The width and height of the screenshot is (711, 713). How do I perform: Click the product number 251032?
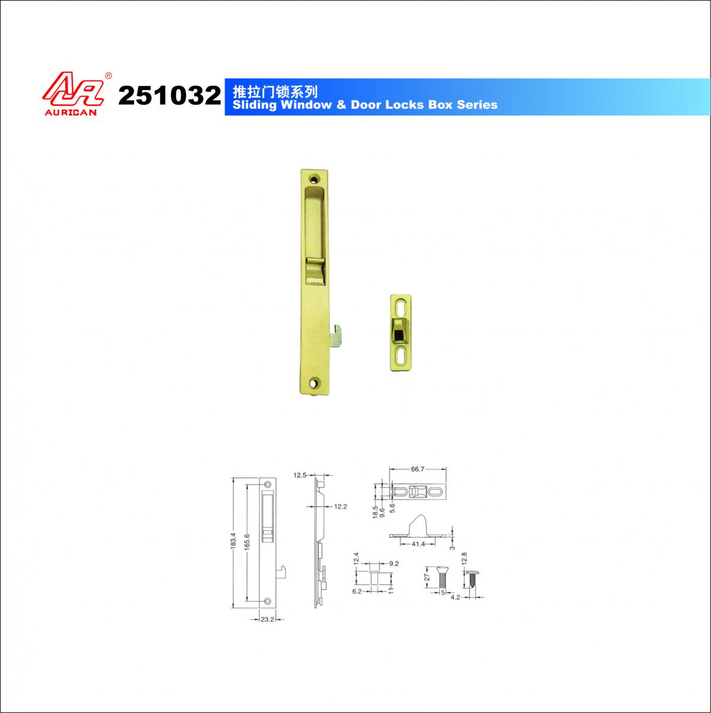(169, 95)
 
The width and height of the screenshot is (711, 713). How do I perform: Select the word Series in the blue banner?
(477, 105)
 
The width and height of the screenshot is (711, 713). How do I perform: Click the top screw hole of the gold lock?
(315, 179)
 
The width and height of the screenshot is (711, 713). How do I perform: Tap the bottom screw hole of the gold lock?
(315, 382)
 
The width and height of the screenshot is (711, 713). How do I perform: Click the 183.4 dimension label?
(233, 541)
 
